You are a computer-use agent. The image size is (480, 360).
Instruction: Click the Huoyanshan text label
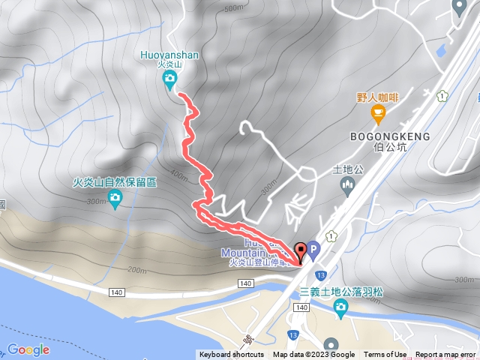point(169,54)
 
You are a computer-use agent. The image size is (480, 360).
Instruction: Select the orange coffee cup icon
point(378,113)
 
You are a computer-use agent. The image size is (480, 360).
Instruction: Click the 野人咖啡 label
point(377,97)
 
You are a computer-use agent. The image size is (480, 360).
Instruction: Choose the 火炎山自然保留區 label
point(115,182)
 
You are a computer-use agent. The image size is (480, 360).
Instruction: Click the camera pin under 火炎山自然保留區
point(115,198)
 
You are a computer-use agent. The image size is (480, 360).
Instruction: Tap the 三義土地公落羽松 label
point(341,291)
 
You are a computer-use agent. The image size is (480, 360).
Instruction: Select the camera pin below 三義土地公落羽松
point(341,307)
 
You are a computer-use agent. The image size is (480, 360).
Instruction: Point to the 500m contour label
point(234,9)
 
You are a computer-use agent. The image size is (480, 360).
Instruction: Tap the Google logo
point(28,349)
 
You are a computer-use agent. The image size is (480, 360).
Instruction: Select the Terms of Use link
point(385,355)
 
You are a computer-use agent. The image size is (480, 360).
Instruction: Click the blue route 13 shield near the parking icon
point(319,275)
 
